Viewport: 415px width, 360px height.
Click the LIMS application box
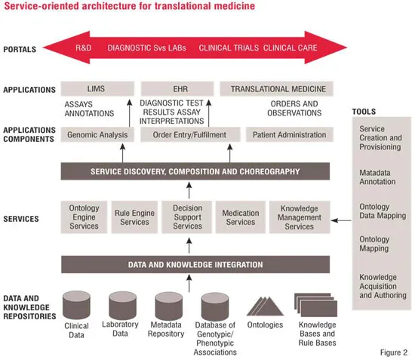pos(97,88)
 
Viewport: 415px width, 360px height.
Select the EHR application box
pos(177,88)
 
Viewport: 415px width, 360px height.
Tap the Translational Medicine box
pos(277,88)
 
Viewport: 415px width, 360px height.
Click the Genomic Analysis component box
pos(97,135)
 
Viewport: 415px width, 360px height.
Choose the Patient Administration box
pos(290,135)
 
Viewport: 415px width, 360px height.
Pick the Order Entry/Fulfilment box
pos(190,135)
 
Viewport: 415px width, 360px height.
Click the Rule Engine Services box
pos(134,217)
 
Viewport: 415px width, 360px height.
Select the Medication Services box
pos(241,217)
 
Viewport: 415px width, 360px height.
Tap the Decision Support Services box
pos(187,217)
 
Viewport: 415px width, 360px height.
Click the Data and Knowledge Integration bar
pos(195,264)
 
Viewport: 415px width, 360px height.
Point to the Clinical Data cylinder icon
pos(76,305)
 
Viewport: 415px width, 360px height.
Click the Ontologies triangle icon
pos(265,306)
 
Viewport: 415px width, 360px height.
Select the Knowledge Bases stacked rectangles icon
pos(315,305)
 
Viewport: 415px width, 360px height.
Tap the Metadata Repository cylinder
pos(169,306)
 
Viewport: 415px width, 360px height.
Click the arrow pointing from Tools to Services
pos(341,220)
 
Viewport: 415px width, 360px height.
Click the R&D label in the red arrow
pos(83,48)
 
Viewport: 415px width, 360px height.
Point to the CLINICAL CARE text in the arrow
pos(290,48)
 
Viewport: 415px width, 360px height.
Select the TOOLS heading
pos(364,112)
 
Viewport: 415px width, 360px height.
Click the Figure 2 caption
pos(394,352)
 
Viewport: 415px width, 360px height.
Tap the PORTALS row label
pos(20,50)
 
